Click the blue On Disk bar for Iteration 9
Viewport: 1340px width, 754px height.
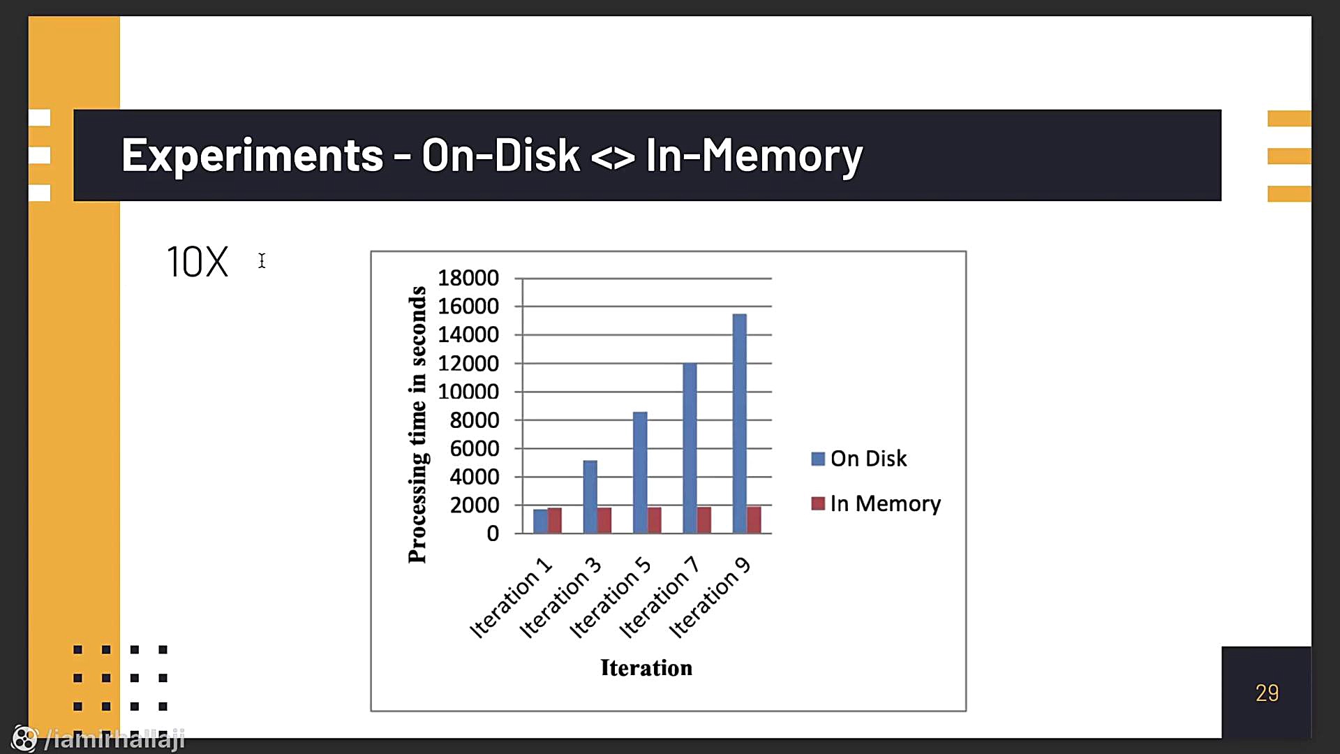click(x=739, y=424)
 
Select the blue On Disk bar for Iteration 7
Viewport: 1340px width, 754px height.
click(x=690, y=448)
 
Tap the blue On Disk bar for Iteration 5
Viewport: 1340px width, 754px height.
click(x=640, y=473)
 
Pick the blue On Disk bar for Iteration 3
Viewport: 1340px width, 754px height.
click(x=590, y=497)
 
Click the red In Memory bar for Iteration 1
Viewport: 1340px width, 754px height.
click(x=555, y=521)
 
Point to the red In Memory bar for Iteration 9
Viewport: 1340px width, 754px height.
click(x=754, y=520)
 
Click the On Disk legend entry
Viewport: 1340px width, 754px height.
click(x=859, y=459)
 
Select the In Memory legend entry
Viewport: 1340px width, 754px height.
click(x=876, y=503)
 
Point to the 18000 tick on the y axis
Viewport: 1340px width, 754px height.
click(x=468, y=278)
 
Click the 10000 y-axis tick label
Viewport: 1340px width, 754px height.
click(x=468, y=392)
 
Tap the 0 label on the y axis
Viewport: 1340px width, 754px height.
click(x=493, y=533)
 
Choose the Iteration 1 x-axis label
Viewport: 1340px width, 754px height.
click(x=512, y=598)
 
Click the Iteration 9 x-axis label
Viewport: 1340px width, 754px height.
click(x=710, y=598)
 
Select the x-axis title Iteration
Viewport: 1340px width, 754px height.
click(x=646, y=668)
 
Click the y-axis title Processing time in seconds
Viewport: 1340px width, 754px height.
click(x=417, y=424)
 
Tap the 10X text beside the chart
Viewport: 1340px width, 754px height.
click(x=198, y=262)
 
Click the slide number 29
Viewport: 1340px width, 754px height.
click(x=1267, y=693)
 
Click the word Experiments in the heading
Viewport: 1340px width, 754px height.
click(x=253, y=155)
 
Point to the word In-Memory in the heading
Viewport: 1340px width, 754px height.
click(x=754, y=155)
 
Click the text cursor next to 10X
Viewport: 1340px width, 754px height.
click(x=262, y=260)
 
